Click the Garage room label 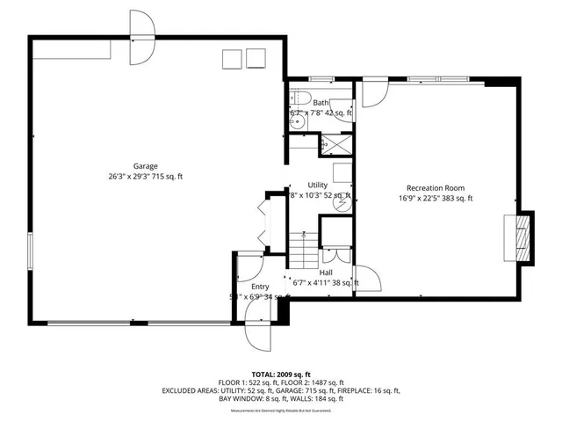click(x=146, y=166)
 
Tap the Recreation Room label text click(x=435, y=187)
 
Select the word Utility click(x=317, y=185)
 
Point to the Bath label click(x=321, y=103)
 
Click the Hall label click(x=325, y=273)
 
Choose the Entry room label click(x=260, y=287)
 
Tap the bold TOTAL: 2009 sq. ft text click(x=280, y=375)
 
